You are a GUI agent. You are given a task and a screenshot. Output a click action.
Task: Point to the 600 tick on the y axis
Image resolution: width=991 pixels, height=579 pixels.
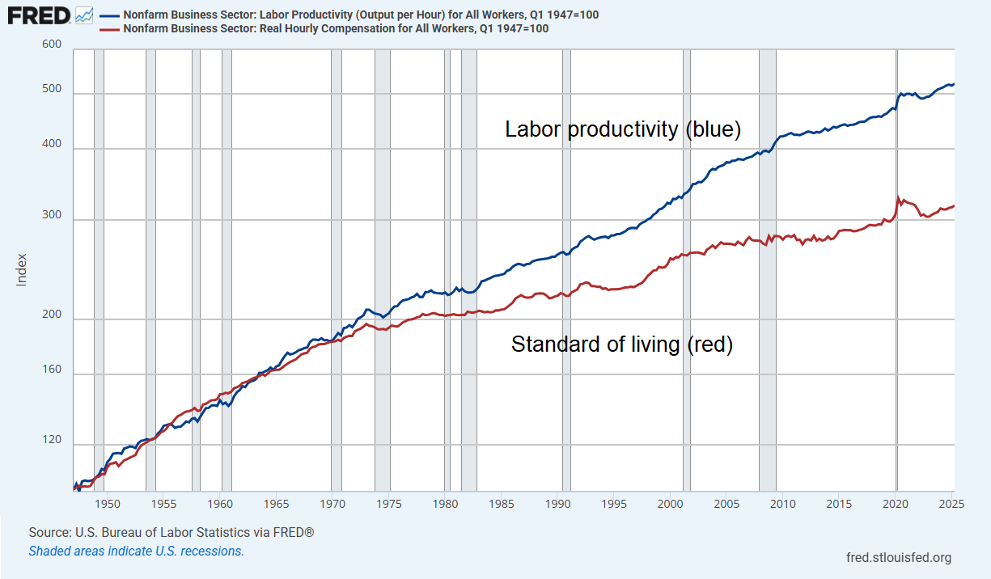coord(52,44)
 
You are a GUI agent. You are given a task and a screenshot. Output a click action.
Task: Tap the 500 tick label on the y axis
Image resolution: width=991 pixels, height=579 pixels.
coord(52,89)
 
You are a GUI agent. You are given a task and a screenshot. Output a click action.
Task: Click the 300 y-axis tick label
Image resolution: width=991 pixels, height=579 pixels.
coord(52,216)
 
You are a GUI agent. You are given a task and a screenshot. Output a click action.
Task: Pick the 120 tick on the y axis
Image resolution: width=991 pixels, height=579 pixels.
coord(52,440)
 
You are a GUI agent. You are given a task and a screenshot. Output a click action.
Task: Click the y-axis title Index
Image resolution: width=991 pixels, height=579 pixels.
coord(22,269)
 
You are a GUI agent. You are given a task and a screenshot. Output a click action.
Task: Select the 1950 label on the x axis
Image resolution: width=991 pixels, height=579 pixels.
coord(107,503)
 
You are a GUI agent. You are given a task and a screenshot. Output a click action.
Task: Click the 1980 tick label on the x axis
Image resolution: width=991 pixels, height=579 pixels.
coord(444,503)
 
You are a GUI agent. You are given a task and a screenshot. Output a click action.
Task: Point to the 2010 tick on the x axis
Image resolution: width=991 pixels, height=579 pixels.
coord(782,503)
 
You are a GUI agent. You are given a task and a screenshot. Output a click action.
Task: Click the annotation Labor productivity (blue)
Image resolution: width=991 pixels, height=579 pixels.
coord(623,129)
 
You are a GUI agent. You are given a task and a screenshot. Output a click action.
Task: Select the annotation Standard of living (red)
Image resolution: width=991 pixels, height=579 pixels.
coord(621,344)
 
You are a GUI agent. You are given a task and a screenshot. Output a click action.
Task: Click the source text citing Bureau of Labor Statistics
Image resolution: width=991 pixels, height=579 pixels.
coord(171,533)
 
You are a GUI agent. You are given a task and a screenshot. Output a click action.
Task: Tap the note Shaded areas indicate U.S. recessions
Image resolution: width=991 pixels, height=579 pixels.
coord(136,551)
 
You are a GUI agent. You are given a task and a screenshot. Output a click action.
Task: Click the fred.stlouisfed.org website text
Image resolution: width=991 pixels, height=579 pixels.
coord(898,557)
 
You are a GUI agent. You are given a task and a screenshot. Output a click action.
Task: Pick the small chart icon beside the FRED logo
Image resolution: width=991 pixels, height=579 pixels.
coord(84,15)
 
